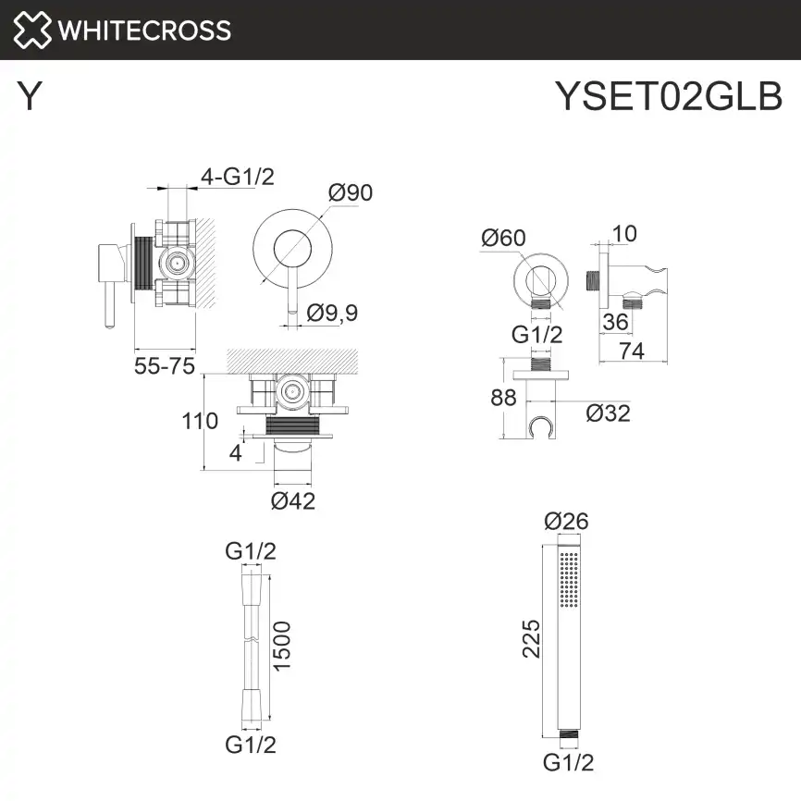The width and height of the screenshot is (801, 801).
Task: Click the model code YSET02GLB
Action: (668, 94)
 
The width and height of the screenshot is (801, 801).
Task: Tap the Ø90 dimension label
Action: (351, 192)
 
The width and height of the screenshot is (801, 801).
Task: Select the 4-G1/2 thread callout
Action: (238, 176)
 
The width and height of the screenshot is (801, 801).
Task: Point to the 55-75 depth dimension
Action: (165, 366)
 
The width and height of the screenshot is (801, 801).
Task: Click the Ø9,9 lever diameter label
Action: (332, 313)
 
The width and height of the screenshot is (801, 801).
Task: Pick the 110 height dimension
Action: (200, 422)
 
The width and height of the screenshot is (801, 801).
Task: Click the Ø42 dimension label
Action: (293, 501)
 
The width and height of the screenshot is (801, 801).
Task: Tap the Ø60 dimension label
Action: (503, 238)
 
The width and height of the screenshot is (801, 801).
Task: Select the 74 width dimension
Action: (633, 351)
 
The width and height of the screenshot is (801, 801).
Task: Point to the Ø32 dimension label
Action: (608, 413)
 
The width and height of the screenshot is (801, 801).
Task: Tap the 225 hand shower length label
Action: (531, 639)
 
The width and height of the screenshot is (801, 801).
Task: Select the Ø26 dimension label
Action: (568, 522)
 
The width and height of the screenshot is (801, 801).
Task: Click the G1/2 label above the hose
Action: (251, 551)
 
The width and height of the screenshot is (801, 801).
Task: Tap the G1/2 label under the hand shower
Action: (568, 762)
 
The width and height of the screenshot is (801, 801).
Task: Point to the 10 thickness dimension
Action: (625, 233)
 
